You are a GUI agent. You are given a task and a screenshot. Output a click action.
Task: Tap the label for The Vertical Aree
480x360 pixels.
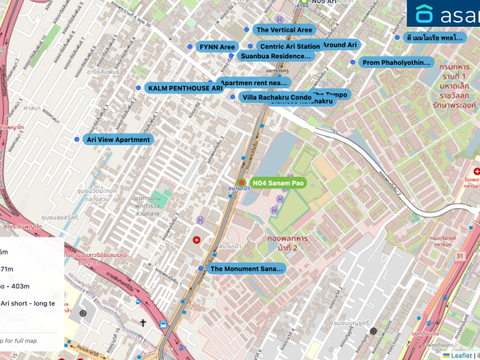[x=284, y=30]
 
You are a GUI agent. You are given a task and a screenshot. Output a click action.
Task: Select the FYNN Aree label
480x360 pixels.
[x=216, y=48]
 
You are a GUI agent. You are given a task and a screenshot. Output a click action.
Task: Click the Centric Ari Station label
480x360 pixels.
[x=289, y=46]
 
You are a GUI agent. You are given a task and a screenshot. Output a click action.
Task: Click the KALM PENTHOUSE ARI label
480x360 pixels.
[x=184, y=88]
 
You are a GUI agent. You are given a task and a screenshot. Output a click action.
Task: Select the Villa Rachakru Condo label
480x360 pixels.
[x=276, y=97]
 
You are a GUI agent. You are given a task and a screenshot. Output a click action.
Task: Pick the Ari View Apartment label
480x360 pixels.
[x=118, y=139]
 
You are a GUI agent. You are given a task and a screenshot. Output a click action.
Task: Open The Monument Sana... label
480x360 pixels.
[x=247, y=268]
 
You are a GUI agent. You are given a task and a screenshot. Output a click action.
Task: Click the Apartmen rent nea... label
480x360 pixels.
[x=255, y=83]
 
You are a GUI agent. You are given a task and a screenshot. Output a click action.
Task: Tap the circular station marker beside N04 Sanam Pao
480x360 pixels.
[x=242, y=182]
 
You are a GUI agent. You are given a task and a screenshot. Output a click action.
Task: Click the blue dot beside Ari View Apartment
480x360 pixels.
[x=77, y=139]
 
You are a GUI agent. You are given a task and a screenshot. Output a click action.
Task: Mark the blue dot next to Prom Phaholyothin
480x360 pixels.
[x=352, y=62]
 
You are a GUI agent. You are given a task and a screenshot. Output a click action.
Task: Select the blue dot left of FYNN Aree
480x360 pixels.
[x=192, y=48]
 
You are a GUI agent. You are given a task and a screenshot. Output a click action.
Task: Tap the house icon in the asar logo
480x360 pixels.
[x=426, y=15]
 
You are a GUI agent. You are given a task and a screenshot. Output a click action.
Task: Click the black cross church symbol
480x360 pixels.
[x=143, y=323]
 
